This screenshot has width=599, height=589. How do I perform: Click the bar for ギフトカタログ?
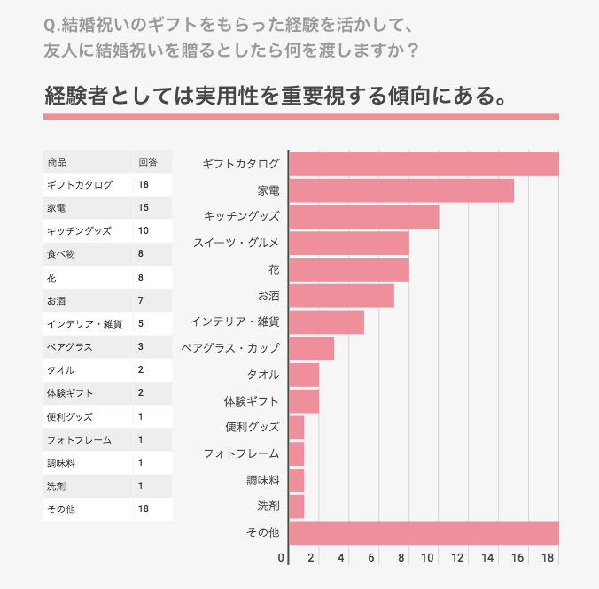[424, 164]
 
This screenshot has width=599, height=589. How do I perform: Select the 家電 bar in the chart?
[401, 190]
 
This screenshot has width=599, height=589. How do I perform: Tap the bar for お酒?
[341, 296]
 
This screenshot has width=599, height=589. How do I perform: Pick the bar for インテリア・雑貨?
[326, 322]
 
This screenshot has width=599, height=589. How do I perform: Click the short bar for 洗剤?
[297, 507]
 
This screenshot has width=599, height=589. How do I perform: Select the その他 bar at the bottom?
[424, 532]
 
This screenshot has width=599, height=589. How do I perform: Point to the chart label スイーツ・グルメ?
[237, 243]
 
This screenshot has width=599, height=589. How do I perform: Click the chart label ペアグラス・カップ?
[230, 348]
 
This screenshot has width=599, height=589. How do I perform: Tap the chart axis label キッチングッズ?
[241, 216]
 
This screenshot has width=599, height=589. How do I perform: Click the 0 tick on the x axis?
[282, 558]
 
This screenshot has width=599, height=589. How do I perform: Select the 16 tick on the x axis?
[518, 558]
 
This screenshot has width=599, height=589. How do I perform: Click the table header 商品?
[57, 162]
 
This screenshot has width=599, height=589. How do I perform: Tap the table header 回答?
[147, 162]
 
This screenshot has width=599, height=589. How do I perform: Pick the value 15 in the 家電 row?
[143, 208]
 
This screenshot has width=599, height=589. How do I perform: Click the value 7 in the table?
[140, 300]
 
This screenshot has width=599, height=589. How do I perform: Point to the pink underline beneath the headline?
[301, 116]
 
